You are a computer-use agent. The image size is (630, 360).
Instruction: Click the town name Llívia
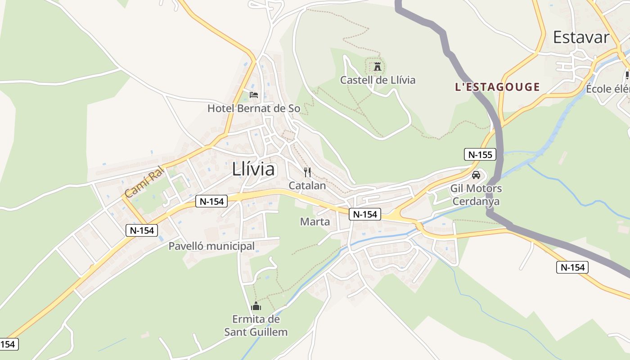tap(253, 169)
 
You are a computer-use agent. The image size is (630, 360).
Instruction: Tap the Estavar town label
tap(581, 37)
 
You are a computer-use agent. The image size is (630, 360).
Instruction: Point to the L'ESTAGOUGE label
tap(497, 87)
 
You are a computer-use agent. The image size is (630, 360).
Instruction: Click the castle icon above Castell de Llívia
tap(377, 67)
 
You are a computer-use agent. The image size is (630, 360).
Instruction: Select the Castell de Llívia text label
tap(378, 80)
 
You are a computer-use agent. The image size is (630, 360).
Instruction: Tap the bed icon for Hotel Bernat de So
tap(254, 94)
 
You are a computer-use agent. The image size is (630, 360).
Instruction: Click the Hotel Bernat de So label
tap(254, 108)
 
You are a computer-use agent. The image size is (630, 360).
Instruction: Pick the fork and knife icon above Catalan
tap(307, 172)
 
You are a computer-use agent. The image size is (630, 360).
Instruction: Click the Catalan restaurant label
tap(307, 185)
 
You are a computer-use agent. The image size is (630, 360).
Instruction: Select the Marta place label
tap(315, 221)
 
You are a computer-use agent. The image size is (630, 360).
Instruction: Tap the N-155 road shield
tap(480, 155)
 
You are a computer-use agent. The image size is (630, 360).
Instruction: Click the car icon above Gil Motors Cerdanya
tap(476, 175)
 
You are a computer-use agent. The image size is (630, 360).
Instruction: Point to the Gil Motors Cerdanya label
tap(476, 195)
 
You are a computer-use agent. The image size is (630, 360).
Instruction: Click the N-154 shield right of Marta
tap(365, 214)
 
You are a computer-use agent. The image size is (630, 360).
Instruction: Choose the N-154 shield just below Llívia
tap(211, 201)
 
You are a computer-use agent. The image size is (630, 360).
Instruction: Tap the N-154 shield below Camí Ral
tap(142, 230)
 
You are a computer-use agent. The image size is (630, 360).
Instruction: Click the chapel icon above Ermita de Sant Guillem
tap(256, 306)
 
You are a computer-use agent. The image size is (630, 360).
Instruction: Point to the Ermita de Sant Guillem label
tap(256, 326)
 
